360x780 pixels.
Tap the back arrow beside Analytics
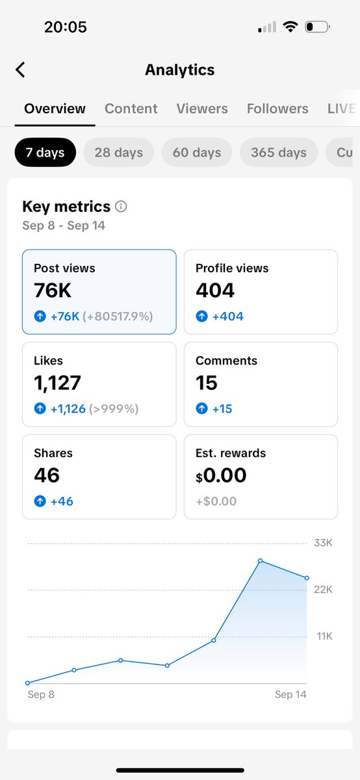tap(20, 70)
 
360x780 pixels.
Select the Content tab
tap(131, 109)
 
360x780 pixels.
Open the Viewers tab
tap(202, 109)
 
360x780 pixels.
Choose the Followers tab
tap(277, 109)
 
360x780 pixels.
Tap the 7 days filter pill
tap(45, 153)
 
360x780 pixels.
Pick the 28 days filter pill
tap(118, 153)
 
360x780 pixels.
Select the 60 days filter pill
tap(197, 153)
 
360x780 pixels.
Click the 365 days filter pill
tap(279, 153)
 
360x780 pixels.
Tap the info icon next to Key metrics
tap(121, 207)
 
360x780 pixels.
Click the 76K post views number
tap(53, 291)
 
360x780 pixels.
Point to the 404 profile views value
tap(215, 291)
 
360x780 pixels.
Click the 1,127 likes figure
tap(58, 383)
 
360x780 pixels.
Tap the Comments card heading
tap(226, 361)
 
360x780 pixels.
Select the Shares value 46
tap(47, 475)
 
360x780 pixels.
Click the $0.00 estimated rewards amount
tap(221, 475)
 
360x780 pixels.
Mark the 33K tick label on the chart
tap(323, 543)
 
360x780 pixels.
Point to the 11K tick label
tap(324, 636)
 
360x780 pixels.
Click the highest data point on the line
tap(260, 560)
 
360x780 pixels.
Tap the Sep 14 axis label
tap(290, 695)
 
